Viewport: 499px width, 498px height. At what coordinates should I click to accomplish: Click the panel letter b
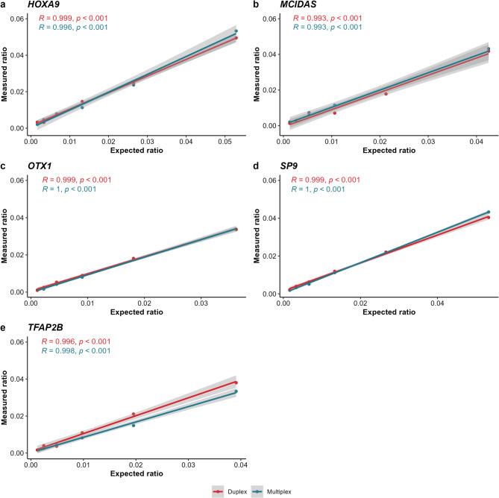[x=257, y=5]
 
